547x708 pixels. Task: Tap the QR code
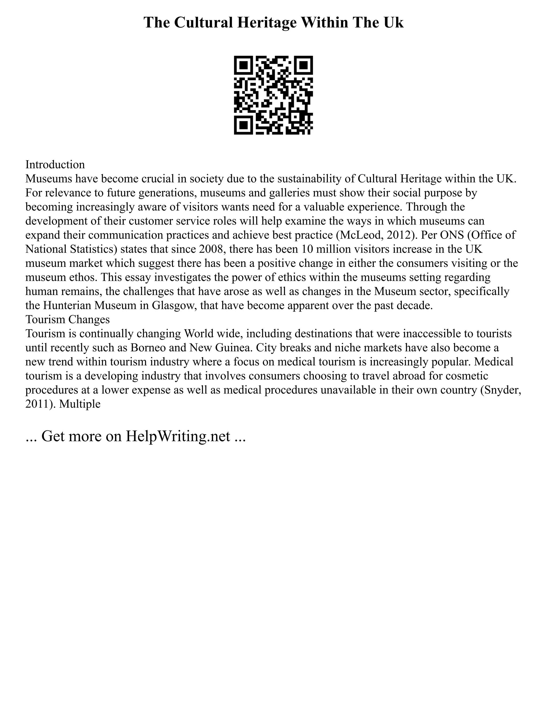click(273, 95)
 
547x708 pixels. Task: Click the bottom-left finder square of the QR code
click(243, 125)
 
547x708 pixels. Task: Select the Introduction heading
click(55, 165)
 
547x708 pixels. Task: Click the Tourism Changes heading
click(67, 320)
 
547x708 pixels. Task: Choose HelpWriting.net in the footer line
click(178, 436)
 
